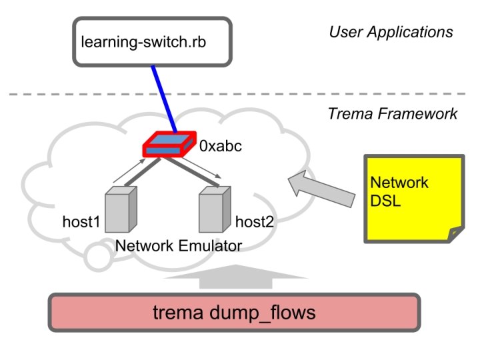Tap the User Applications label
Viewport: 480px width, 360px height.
(x=391, y=32)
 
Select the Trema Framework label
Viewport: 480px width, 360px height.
(x=393, y=114)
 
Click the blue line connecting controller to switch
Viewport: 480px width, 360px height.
(x=164, y=97)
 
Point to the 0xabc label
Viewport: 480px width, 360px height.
(x=221, y=145)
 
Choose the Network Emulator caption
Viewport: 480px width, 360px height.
(x=178, y=247)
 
